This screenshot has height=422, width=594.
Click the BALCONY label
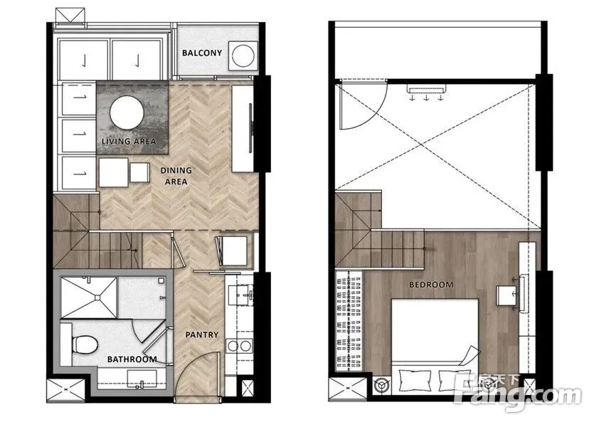click(201, 53)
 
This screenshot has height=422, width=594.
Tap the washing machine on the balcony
click(243, 56)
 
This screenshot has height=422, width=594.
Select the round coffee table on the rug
click(127, 112)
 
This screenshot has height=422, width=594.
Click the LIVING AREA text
click(129, 142)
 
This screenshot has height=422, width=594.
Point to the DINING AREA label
click(176, 176)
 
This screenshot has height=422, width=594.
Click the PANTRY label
click(202, 335)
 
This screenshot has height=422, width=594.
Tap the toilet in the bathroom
click(85, 344)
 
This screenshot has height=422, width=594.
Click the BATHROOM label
click(132, 359)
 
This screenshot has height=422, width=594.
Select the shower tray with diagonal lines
click(89, 297)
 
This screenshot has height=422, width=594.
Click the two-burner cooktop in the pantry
click(239, 346)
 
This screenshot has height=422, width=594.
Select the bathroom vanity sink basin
click(142, 379)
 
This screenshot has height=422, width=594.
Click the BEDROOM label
click(431, 285)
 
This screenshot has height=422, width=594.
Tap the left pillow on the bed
click(415, 381)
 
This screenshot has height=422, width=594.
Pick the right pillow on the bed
click(454, 381)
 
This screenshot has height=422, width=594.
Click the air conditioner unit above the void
click(427, 89)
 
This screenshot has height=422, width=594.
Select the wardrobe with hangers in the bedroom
click(349, 320)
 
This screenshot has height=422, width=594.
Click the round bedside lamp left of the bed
click(381, 386)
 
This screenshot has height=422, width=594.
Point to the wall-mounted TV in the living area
click(250, 128)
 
